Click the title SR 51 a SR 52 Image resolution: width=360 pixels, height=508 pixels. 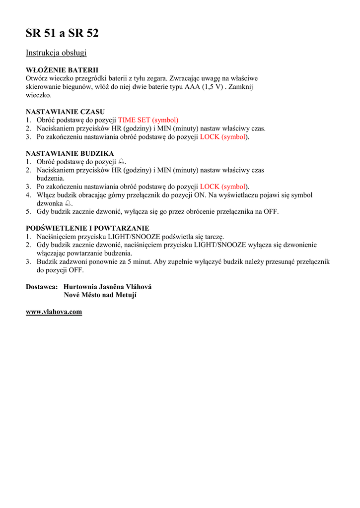point(62,33)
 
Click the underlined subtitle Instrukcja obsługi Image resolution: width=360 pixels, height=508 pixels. point(56,53)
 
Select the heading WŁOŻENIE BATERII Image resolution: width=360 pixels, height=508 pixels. point(62,70)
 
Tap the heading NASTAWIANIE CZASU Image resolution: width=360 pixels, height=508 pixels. point(65,112)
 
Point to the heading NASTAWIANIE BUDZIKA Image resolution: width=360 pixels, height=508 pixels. point(70,153)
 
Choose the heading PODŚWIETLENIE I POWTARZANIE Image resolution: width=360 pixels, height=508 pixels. point(87,228)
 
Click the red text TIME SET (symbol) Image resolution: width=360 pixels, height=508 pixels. point(148,120)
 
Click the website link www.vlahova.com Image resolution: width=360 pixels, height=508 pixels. point(54,312)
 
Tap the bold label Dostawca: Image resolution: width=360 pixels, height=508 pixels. point(42,287)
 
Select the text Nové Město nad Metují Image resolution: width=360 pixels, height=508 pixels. point(100,295)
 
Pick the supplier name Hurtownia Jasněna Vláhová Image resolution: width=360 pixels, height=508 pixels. point(108,287)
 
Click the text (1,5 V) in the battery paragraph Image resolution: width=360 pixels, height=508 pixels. point(213,87)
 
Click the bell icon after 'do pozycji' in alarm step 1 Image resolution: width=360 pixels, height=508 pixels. point(122,162)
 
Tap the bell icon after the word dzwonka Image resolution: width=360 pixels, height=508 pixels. point(68,203)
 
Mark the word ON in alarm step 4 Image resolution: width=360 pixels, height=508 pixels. point(199,195)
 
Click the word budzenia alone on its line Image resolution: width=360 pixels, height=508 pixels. point(50,178)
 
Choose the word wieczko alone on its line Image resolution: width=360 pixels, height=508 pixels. point(38,95)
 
